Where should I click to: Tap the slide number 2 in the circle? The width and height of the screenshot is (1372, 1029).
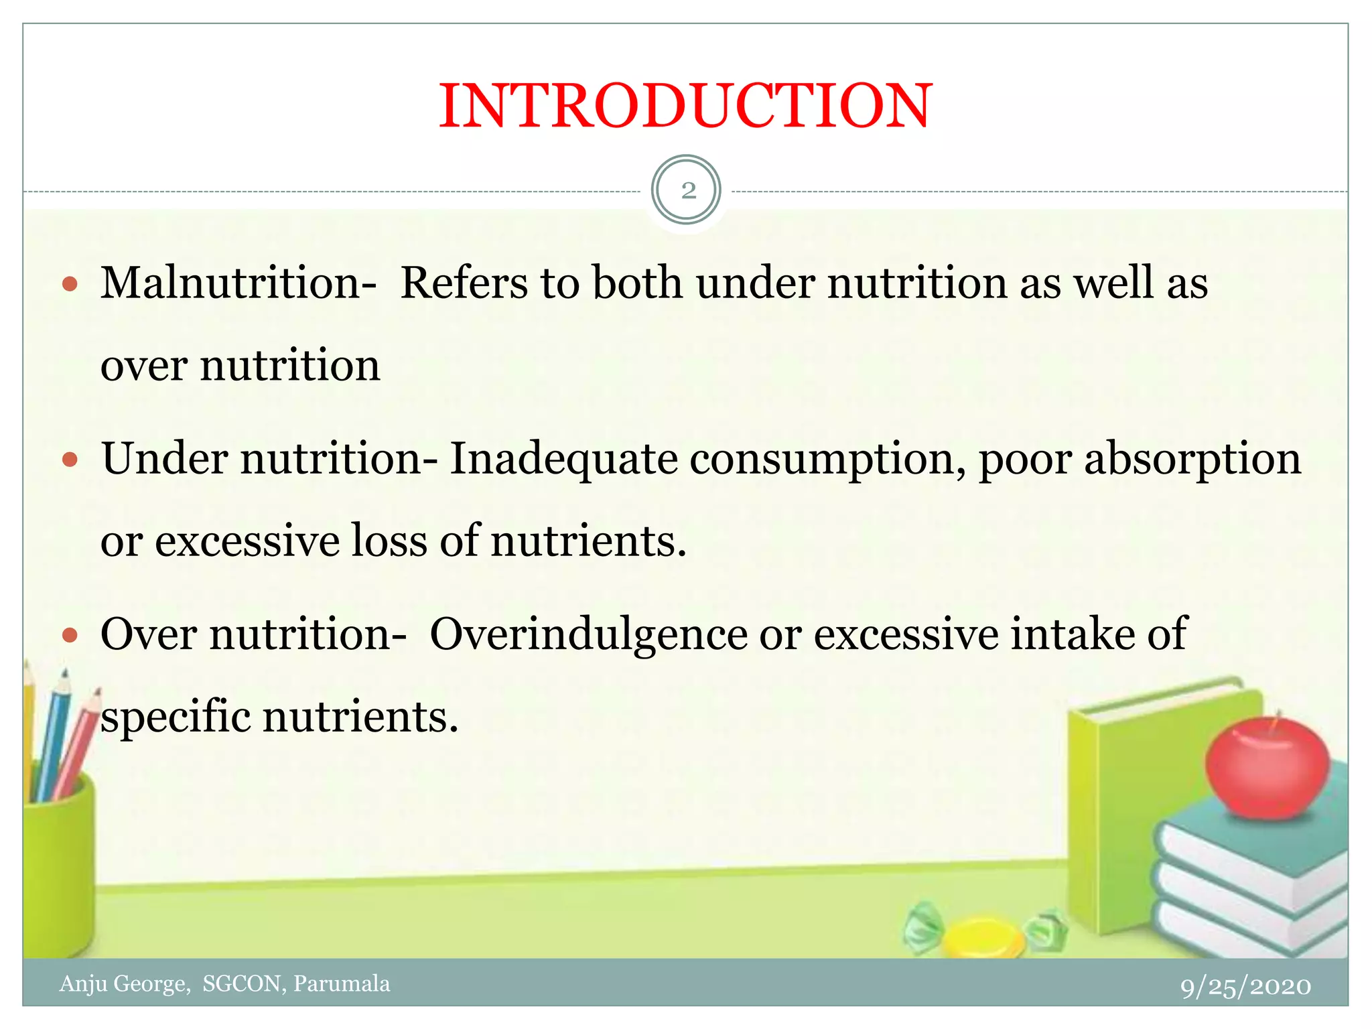pos(687,191)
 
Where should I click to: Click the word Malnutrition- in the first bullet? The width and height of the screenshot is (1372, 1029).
pos(238,283)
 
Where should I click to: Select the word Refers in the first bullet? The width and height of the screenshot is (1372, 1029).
pos(464,283)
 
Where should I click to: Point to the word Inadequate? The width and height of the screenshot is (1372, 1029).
pos(563,460)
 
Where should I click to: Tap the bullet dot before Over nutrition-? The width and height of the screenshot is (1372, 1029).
pos(70,634)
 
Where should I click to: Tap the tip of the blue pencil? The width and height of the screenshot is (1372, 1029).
pos(65,673)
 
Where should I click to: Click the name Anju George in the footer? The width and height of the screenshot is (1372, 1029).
pos(124,983)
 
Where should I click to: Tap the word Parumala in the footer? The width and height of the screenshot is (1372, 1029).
pos(342,983)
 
